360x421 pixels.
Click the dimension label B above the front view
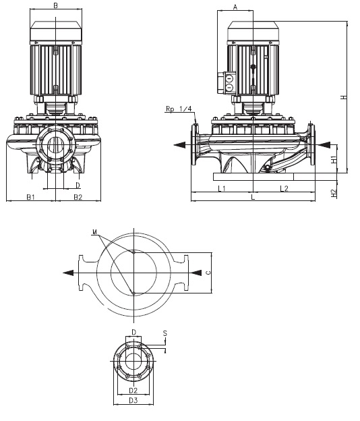tap(56, 5)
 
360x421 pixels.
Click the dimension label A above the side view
tap(235, 7)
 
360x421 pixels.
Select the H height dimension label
tap(344, 97)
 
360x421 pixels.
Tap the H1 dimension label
tap(334, 159)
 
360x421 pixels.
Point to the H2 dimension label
tap(334, 194)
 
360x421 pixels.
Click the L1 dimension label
tap(222, 188)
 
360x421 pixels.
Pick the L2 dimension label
tap(284, 188)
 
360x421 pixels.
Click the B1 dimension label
tap(30, 197)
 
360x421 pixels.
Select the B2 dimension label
tap(78, 197)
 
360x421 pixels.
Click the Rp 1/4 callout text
tap(179, 109)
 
